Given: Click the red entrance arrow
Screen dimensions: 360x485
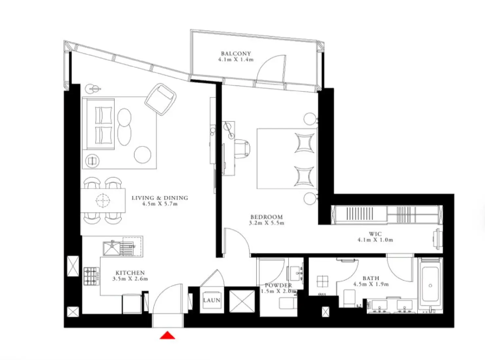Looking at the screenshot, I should point(167,335).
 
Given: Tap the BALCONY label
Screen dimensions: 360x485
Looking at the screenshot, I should point(235,53).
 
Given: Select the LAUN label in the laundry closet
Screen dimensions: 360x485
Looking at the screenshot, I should point(212,300).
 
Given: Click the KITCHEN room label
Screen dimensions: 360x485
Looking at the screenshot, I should point(130,273).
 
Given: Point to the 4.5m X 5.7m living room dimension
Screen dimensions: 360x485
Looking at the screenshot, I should point(160,204).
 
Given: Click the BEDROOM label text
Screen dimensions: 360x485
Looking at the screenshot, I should point(266,217).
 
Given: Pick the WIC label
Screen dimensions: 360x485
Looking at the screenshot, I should point(375,234).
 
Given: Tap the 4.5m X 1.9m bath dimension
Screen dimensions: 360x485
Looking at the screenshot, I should point(371,284).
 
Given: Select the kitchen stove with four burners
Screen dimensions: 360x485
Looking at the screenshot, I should point(91,276).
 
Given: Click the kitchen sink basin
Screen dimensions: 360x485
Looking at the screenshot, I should point(111,248).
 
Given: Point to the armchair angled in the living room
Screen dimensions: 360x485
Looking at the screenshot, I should point(160,99).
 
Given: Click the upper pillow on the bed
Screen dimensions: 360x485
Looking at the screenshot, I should point(304,143).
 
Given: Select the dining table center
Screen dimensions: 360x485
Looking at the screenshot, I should point(103,200).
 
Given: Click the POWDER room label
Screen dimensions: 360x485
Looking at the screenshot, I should point(278,285).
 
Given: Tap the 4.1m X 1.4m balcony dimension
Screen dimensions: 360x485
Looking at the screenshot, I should point(235,60).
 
